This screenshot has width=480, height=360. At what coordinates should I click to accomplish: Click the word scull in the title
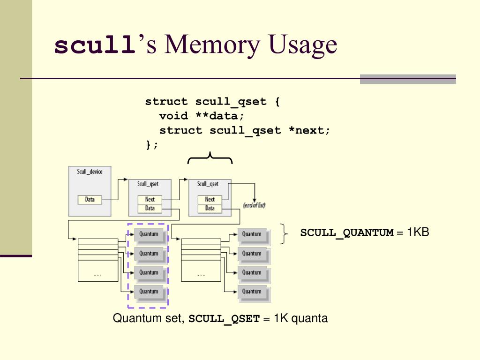pos(93,45)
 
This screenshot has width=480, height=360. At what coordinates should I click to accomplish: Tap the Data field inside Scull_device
pos(90,200)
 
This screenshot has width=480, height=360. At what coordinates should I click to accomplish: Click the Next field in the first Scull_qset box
pos(150,200)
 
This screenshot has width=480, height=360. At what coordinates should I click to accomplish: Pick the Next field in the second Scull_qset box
pos(210,200)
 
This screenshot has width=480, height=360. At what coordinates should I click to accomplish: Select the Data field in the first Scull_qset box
pos(150,208)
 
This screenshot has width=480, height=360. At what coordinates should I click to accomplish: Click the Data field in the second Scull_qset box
pos(210,208)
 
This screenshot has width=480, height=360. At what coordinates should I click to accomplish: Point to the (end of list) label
pos(254,205)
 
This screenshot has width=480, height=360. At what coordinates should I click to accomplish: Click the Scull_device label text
pos(90,172)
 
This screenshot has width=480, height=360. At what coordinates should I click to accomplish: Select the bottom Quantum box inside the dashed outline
pos(149,292)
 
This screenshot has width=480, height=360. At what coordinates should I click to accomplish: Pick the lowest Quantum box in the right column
pos(252,292)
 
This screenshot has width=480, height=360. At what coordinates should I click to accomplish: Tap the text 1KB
pos(418,232)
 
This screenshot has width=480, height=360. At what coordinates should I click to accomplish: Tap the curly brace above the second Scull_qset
pos(210,158)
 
